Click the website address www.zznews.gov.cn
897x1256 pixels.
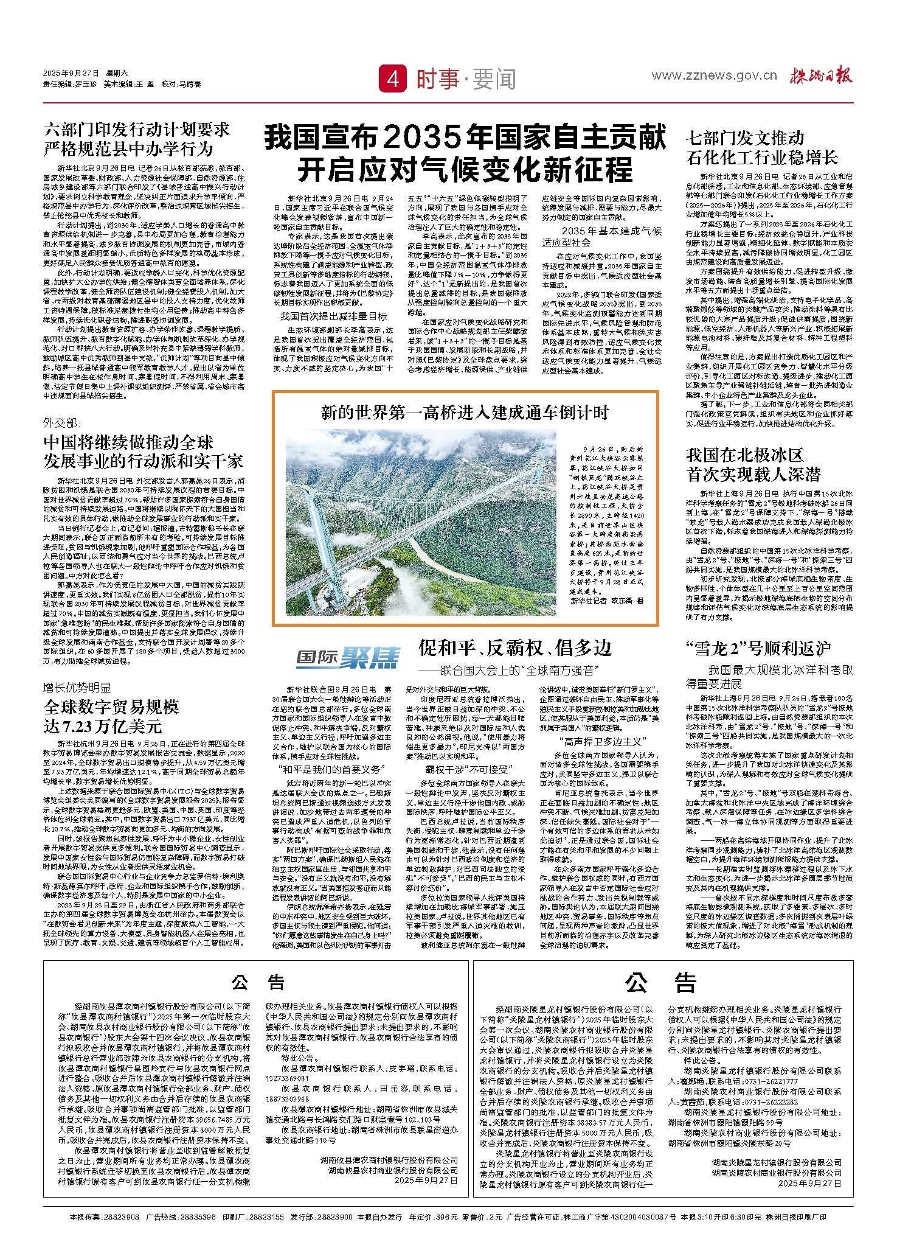pos(714,75)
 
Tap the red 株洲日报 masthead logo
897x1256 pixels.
pos(821,75)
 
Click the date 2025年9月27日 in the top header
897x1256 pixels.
pos(71,74)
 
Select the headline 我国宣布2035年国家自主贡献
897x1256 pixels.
pos(465,138)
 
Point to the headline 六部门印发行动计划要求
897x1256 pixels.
pos(137,130)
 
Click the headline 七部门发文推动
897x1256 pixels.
pos(745,138)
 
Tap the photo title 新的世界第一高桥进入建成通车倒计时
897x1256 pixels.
pos(465,413)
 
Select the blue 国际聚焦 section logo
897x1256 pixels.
pos(348,658)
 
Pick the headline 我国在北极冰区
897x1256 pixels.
pos(745,455)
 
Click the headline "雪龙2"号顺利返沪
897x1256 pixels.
pos(758,649)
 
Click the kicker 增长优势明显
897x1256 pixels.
pos(77,688)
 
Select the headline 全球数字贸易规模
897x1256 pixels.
pos(111,706)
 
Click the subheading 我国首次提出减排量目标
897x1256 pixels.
pos(333,316)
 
